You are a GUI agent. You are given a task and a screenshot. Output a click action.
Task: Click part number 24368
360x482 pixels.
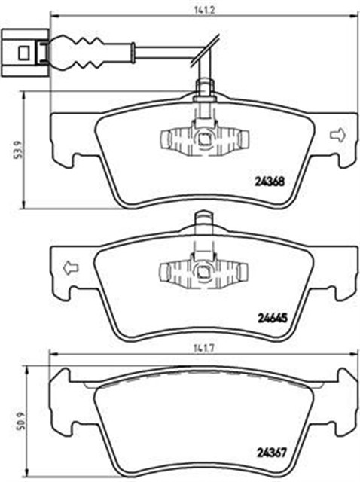270,182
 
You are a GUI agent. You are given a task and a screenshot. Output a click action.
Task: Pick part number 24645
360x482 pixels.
271,318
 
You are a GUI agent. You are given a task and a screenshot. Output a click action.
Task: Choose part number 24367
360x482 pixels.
271,452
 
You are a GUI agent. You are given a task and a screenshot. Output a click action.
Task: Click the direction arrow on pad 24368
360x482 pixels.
337,136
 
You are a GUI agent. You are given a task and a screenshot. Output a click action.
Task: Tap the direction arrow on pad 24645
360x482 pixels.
71,267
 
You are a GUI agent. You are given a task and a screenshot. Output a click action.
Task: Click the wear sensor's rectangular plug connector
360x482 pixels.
25,53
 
